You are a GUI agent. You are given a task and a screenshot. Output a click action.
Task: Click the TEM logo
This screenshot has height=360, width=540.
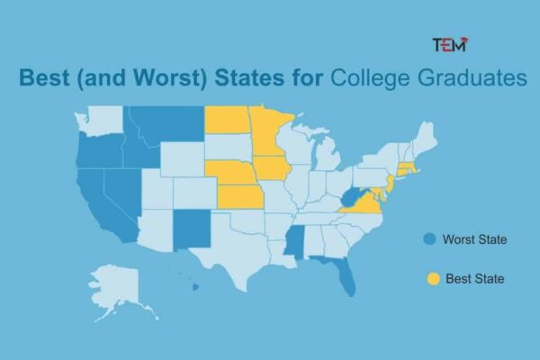pos(450,45)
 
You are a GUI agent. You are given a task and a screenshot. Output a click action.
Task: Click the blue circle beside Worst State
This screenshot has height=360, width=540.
pos(430,239)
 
